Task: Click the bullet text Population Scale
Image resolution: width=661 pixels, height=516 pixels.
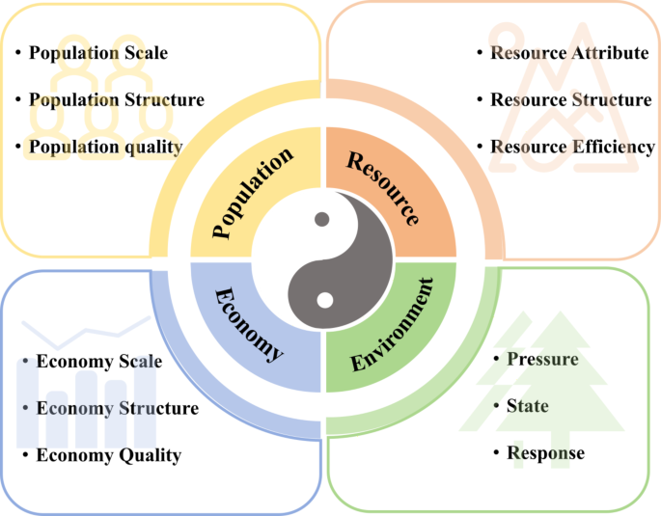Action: tap(97, 53)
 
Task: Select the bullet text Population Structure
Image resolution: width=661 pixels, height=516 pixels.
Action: tap(116, 99)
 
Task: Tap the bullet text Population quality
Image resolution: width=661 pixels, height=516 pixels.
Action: tap(105, 147)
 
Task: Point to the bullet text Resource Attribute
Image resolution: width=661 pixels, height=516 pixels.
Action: tap(569, 53)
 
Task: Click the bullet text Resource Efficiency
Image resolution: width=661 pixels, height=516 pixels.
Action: tap(572, 147)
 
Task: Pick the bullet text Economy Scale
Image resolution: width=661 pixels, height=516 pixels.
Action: tap(98, 362)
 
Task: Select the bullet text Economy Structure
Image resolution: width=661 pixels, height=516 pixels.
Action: tap(117, 408)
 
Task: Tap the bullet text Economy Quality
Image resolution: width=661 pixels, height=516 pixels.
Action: tap(108, 455)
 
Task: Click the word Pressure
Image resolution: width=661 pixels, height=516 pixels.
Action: tap(542, 360)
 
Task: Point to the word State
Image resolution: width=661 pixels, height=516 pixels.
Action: tap(527, 406)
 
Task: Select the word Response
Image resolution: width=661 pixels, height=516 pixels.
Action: tap(545, 452)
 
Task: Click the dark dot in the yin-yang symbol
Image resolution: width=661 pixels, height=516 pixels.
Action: tap(321, 219)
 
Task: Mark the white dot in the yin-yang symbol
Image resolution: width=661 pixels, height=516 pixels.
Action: tap(325, 300)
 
